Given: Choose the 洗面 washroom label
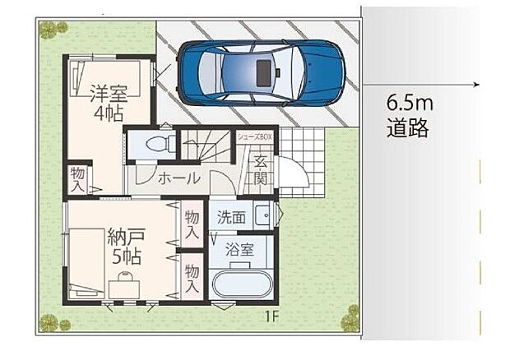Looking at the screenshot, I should click(x=231, y=218).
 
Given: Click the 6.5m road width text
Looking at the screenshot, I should click(x=409, y=105).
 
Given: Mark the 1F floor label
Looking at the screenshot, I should click(x=271, y=315).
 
